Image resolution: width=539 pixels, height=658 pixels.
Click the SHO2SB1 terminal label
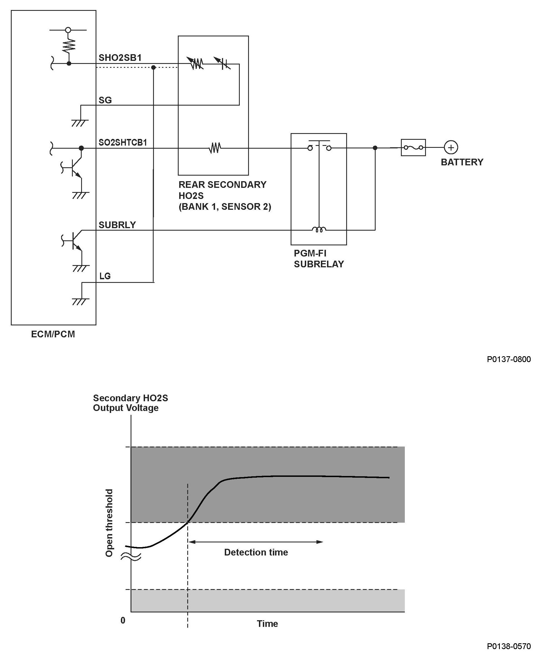pyautogui.click(x=120, y=58)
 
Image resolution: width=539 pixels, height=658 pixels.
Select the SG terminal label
pyautogui.click(x=105, y=100)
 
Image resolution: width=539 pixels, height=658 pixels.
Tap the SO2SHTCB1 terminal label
pyautogui.click(x=123, y=143)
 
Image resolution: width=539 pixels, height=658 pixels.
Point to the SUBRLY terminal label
pyautogui.click(x=117, y=225)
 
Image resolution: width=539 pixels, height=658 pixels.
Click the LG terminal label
pyautogui.click(x=105, y=276)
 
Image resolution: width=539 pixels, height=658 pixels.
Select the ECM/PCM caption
pyautogui.click(x=53, y=334)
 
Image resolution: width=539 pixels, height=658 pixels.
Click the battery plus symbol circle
pyautogui.click(x=451, y=147)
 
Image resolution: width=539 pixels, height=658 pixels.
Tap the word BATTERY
pyautogui.click(x=462, y=162)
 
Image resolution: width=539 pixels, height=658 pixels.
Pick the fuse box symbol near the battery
pyautogui.click(x=413, y=148)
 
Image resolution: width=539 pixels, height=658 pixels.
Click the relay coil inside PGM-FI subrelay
pyautogui.click(x=319, y=230)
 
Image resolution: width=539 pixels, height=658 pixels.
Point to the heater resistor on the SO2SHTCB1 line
pyautogui.click(x=214, y=148)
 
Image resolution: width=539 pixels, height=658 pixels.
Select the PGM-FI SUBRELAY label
pyautogui.click(x=319, y=258)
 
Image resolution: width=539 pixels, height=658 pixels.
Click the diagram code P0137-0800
pyautogui.click(x=508, y=359)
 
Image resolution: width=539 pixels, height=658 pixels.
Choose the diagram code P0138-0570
pyautogui.click(x=508, y=646)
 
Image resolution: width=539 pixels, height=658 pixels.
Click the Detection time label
pyautogui.click(x=256, y=552)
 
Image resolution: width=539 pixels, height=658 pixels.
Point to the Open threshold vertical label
pyautogui.click(x=109, y=523)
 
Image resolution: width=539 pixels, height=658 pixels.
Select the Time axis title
pyautogui.click(x=267, y=624)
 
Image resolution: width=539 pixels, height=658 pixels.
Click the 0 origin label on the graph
pyautogui.click(x=123, y=620)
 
